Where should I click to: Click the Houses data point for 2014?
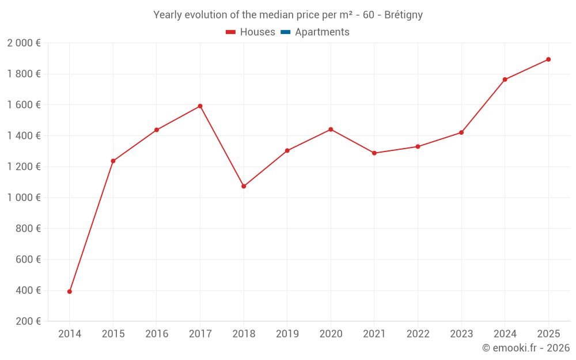point(70,291)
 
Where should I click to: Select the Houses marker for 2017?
point(200,106)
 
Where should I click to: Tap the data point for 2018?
point(244,186)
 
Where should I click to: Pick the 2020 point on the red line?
point(331,130)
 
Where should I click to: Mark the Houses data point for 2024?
point(505,79)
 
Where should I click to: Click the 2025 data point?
point(548,59)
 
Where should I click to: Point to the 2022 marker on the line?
point(418,146)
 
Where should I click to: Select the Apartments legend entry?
point(322,32)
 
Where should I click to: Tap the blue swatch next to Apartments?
point(285,32)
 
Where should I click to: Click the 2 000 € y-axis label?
point(24,43)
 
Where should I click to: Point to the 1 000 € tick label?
point(24,198)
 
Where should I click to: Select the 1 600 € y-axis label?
point(24,105)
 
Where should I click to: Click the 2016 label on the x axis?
point(157,334)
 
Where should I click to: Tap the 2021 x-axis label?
point(374,334)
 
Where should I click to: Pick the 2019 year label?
point(287,334)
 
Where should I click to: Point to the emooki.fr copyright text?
point(526,348)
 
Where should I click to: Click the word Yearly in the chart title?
point(167,15)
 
